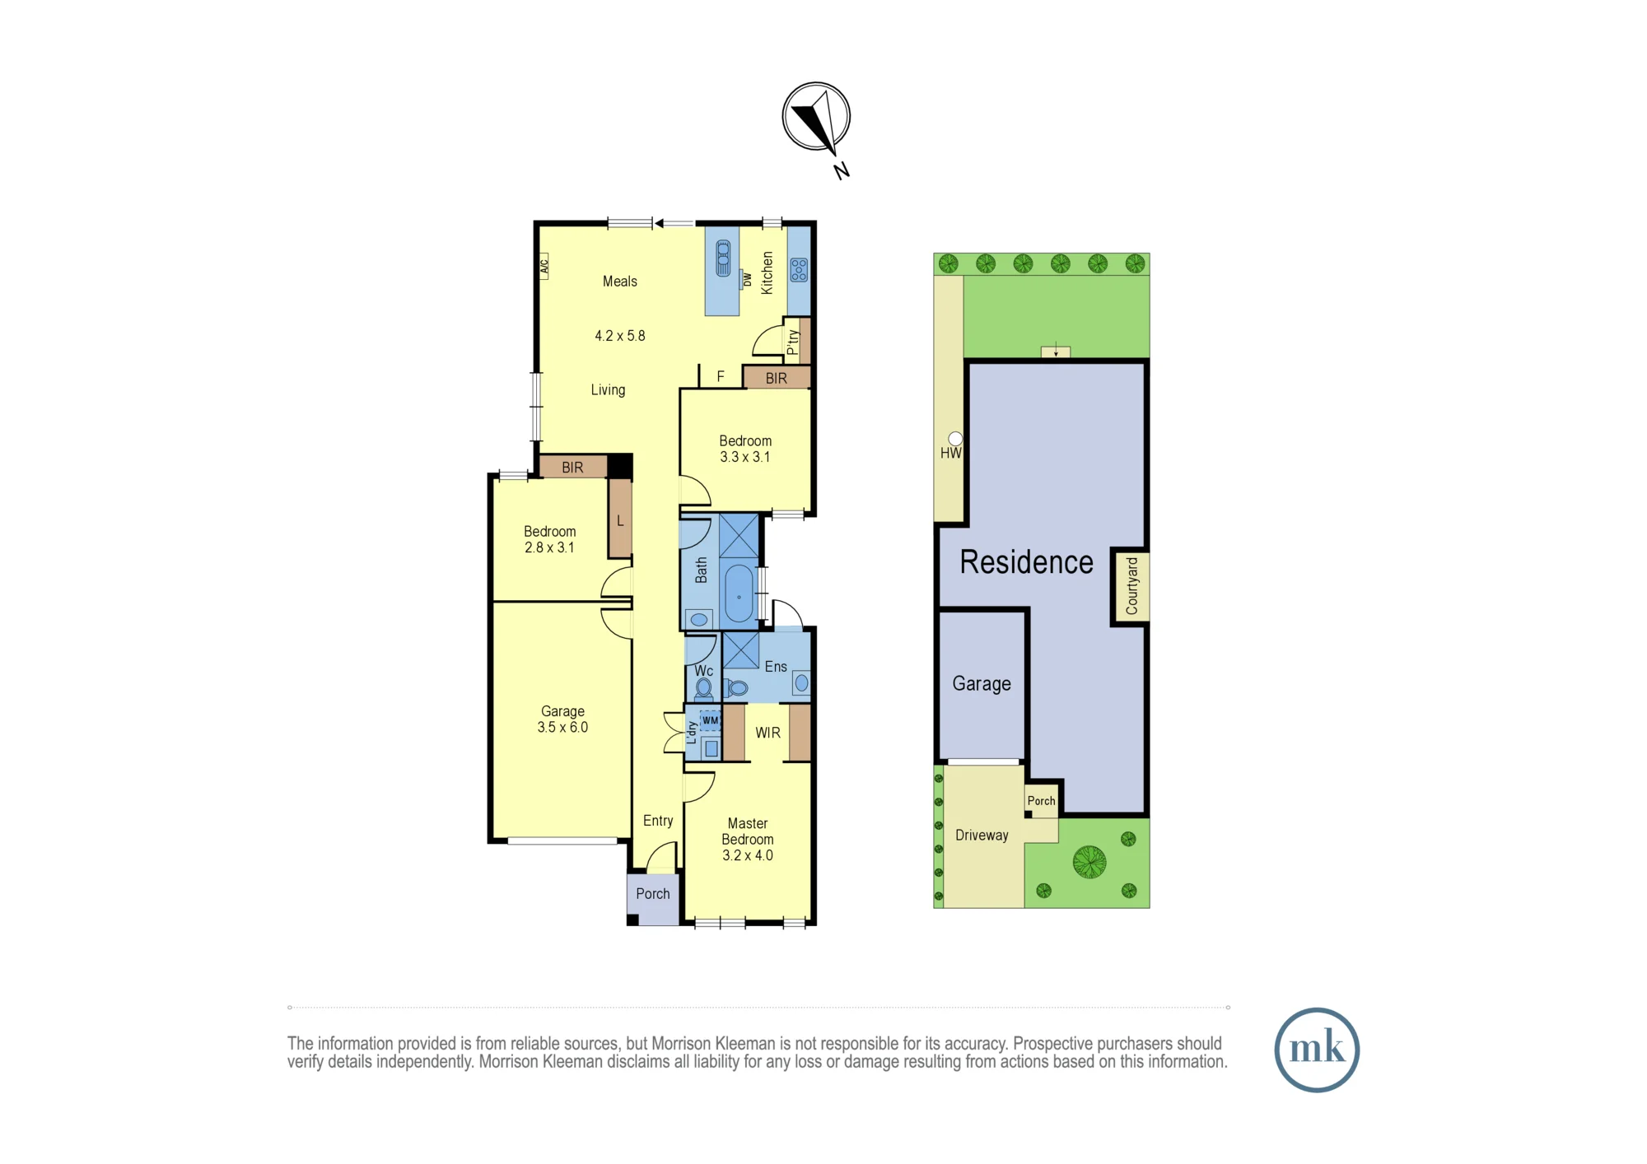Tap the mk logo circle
coord(1316,1050)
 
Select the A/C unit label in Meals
coord(544,266)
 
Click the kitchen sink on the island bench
coord(723,258)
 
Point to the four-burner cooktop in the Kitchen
coord(799,270)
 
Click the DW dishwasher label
coord(747,280)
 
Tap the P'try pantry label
coord(792,342)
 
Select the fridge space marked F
coord(721,376)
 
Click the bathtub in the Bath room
coord(739,593)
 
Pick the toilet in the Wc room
coord(704,688)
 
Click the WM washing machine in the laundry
coord(710,720)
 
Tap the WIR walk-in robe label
coord(768,733)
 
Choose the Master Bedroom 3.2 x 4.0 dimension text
coord(748,855)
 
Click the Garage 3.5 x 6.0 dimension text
coord(562,727)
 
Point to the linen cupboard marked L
coord(620,519)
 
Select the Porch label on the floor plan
coord(653,893)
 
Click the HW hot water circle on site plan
coord(955,439)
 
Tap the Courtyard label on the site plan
coord(1131,585)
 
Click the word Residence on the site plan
coord(1026,562)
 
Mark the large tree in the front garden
coord(1089,862)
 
